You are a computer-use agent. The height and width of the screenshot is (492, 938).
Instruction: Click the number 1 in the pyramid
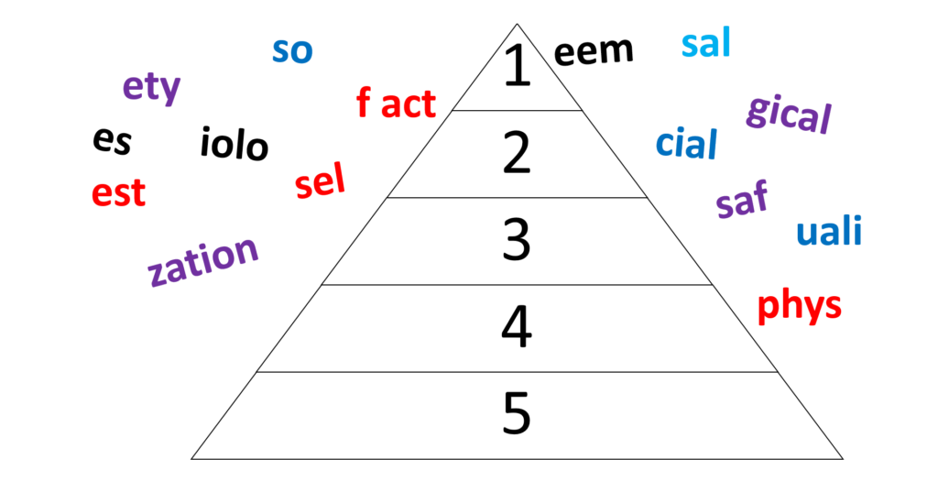point(517,66)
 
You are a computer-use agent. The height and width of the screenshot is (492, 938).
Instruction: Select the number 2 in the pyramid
point(517,153)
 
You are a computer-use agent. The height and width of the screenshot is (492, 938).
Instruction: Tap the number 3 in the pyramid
point(517,240)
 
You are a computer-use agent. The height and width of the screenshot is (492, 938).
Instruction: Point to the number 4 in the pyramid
point(517,327)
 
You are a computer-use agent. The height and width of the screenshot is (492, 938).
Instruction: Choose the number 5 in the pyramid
point(517,413)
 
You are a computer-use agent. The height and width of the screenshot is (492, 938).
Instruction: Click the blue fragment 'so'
point(292,51)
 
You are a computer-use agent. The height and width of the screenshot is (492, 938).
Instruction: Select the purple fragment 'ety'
point(151,88)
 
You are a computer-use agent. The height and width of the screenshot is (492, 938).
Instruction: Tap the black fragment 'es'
point(112,141)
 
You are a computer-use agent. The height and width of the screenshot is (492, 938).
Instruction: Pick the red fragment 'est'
point(118,192)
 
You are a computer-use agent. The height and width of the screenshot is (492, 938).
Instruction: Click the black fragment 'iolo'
point(234,144)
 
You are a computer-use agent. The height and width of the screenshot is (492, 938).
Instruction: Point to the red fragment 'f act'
point(396,103)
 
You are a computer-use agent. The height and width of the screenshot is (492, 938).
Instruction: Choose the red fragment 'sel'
point(320,180)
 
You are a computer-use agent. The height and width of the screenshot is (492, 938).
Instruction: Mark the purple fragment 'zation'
point(202,260)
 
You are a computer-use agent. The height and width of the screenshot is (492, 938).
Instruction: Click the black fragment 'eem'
point(594,51)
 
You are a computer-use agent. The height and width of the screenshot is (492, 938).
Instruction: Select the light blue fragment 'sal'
point(706,43)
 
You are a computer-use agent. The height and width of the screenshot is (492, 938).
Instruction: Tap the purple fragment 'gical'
point(789,113)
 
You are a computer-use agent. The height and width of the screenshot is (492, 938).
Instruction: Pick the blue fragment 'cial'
point(687,144)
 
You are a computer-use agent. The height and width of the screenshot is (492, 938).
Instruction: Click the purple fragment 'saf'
point(742,200)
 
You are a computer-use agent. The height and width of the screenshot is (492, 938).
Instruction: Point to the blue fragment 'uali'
point(829,231)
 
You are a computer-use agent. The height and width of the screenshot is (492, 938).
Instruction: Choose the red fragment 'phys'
point(799,306)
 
